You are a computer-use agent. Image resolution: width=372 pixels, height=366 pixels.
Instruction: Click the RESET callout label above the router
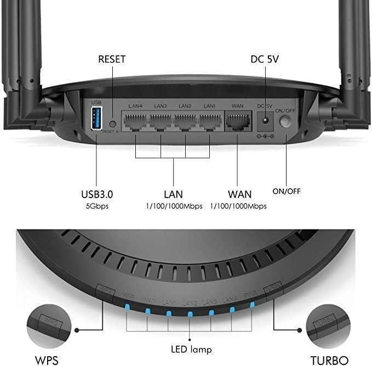click(112, 59)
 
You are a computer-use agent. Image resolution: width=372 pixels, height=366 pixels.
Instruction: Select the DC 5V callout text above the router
click(265, 59)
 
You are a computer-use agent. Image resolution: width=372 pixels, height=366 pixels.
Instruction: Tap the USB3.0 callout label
click(96, 194)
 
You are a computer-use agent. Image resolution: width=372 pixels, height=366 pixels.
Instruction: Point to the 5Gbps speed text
click(96, 206)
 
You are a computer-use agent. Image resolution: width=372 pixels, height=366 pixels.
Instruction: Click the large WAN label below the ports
click(239, 194)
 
